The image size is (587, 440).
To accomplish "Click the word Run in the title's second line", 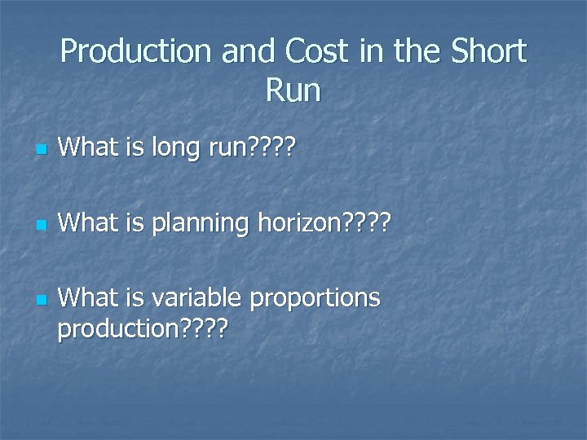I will [x=293, y=90].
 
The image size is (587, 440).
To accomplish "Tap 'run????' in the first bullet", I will [x=247, y=148].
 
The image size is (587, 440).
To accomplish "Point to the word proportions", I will [x=315, y=299].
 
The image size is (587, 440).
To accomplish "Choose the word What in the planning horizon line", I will [x=89, y=221].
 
